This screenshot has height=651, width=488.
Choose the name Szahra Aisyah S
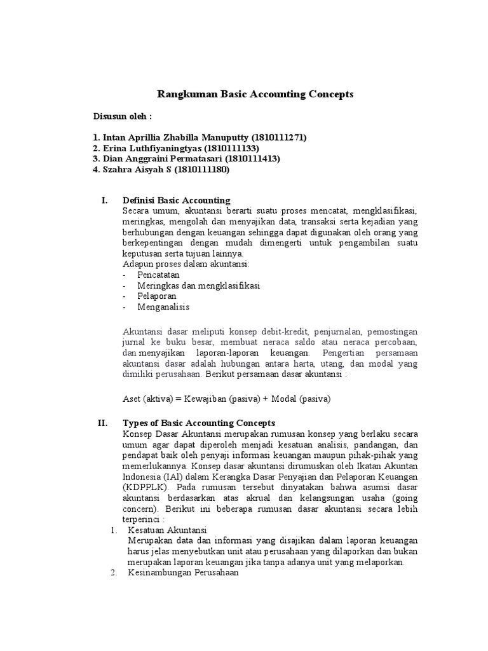click(x=140, y=170)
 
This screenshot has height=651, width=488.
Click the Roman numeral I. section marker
click(x=105, y=201)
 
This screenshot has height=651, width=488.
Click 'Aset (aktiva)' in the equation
click(x=147, y=399)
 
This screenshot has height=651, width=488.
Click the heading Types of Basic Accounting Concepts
click(x=198, y=423)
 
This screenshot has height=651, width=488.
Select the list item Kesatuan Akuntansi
click(x=168, y=530)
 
